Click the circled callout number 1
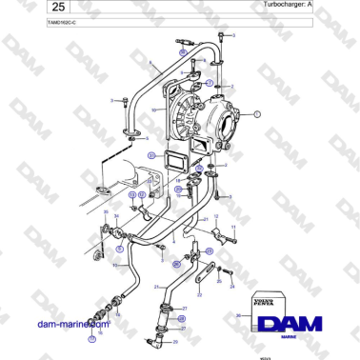[269, 112]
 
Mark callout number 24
[230, 283]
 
